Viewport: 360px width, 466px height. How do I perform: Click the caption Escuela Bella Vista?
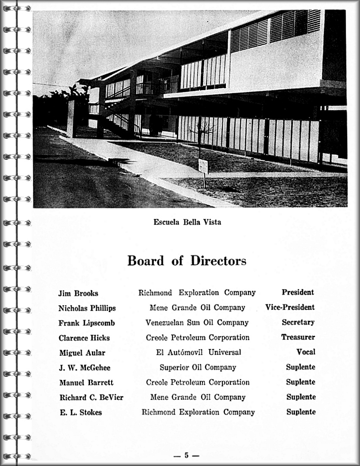[x=187, y=222]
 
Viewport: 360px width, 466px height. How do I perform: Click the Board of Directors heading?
[x=187, y=261]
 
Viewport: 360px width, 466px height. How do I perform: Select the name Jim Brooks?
[x=78, y=293]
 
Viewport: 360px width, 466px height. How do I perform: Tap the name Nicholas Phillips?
[x=87, y=308]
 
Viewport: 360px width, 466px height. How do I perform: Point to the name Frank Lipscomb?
[x=86, y=323]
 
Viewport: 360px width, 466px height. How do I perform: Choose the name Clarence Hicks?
[x=84, y=338]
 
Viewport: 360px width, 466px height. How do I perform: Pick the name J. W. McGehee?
[x=85, y=368]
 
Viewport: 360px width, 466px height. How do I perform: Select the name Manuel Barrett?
[x=86, y=383]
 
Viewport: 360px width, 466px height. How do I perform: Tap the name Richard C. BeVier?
[x=91, y=398]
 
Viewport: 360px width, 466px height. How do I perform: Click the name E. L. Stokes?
[x=81, y=412]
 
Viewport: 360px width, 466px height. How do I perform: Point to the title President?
[x=298, y=292]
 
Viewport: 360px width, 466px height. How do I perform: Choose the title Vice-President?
[x=290, y=308]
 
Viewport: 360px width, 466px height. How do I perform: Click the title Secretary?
[x=298, y=322]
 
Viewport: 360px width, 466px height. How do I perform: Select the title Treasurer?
[x=298, y=337]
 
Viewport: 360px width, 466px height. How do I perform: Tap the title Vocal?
[x=306, y=352]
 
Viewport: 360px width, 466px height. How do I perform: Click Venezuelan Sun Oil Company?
[x=197, y=322]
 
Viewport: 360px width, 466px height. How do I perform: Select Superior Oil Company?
[x=198, y=367]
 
